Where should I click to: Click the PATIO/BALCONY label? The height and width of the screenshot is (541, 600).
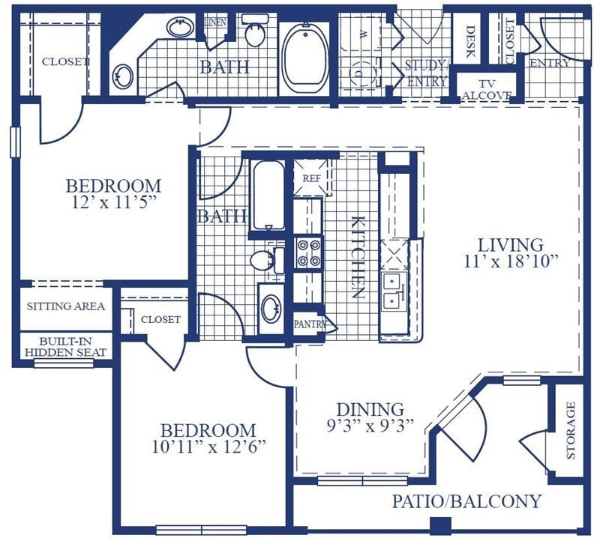coord(466,501)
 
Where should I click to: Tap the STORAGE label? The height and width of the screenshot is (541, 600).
coord(570,430)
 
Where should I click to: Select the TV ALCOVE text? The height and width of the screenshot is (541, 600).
coord(487,90)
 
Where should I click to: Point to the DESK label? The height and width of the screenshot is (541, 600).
coord(470,41)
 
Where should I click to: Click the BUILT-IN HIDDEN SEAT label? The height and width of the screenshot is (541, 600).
coord(66,347)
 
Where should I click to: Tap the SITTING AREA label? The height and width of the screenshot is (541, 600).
coord(66,306)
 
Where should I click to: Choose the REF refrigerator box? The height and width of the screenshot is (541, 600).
coord(311,178)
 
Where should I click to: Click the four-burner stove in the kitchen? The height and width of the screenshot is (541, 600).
coord(309,253)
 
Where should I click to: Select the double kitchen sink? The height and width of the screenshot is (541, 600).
coord(393,291)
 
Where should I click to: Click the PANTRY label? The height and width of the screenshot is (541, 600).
coord(310,324)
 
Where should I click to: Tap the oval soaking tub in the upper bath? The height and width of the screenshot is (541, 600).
coord(305,58)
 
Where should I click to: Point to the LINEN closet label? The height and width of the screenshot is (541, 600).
coord(216,22)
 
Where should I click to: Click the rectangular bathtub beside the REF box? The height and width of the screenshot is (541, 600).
coord(268,196)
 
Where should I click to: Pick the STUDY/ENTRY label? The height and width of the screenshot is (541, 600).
coord(426,73)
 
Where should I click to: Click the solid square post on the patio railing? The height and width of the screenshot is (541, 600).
coord(440,526)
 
